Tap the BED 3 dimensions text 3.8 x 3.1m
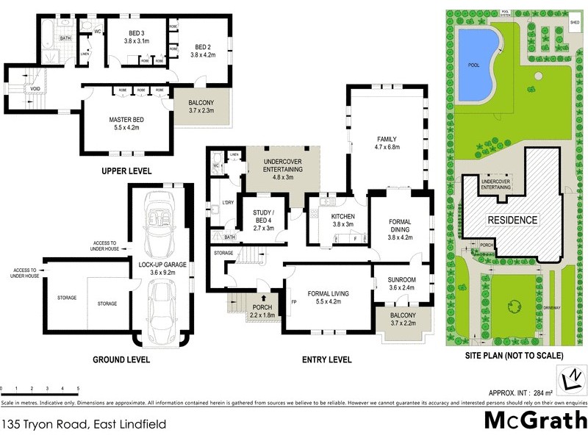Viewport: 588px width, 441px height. click(136, 42)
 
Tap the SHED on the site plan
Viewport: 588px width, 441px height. click(575, 23)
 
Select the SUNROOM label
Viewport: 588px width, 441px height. click(402, 280)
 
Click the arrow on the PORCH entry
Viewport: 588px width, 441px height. click(262, 299)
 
